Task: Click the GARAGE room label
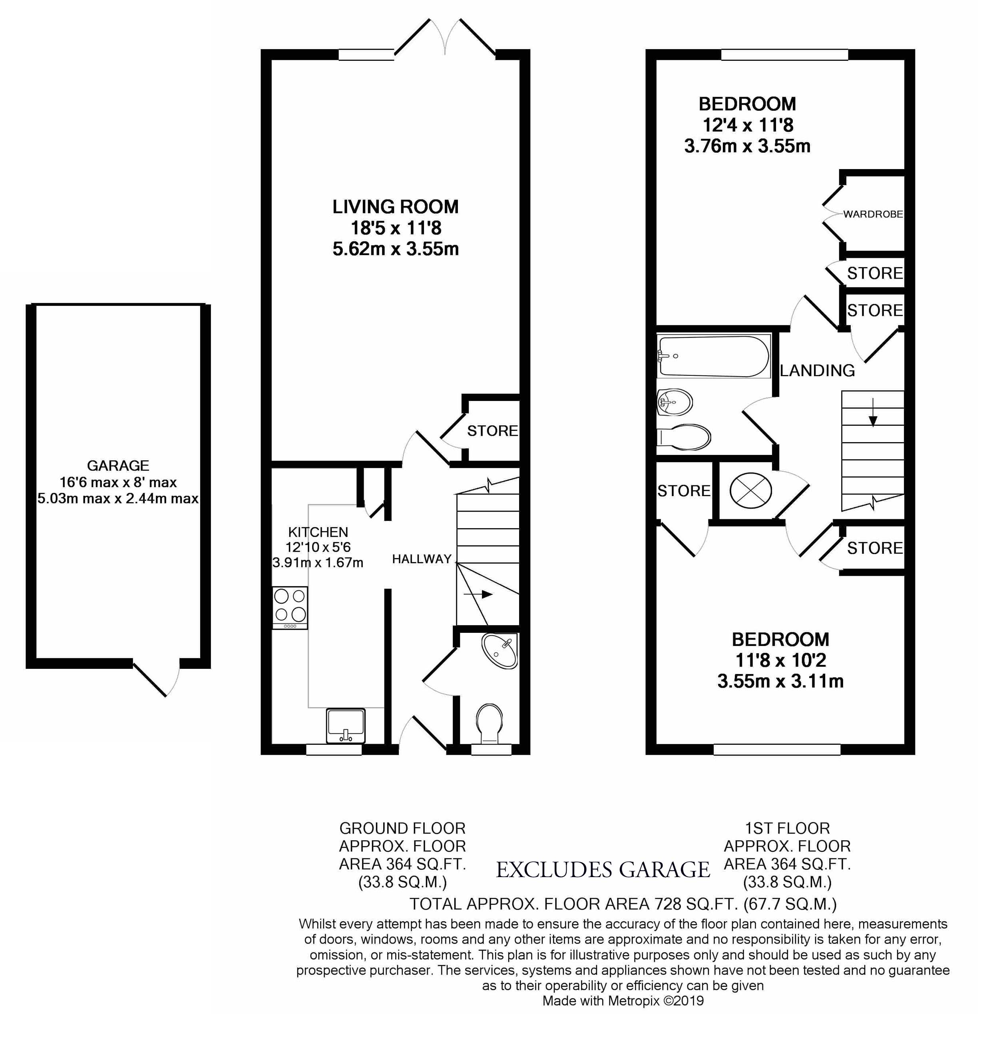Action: tap(118, 466)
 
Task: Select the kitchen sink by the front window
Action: tap(346, 726)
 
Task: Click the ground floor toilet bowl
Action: tap(490, 723)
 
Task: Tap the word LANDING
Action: tap(817, 371)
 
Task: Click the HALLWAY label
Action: tap(422, 559)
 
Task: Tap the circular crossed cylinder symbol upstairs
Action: tap(751, 490)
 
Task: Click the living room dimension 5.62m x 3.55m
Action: tap(396, 249)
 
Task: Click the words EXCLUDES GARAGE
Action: tap(603, 870)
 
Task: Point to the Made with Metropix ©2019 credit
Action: tap(623, 1001)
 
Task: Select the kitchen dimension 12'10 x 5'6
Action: tap(318, 547)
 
